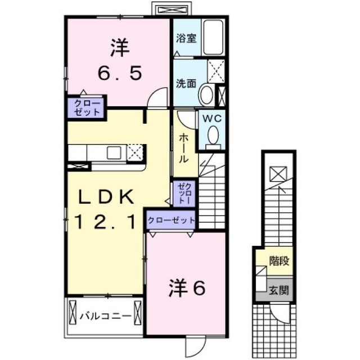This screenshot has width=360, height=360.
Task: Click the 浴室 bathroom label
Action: [x=186, y=38]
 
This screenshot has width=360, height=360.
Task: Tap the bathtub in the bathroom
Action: [x=213, y=37]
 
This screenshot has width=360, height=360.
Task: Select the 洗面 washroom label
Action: [x=186, y=84]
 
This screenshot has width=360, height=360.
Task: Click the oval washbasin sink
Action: [x=206, y=95]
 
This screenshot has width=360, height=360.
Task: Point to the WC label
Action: [x=212, y=119]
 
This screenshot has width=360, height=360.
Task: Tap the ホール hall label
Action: [x=184, y=148]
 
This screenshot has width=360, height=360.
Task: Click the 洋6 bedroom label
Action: [x=187, y=287]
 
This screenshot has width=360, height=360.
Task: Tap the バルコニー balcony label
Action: [x=105, y=317]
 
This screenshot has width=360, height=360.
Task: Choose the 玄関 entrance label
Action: [x=279, y=290]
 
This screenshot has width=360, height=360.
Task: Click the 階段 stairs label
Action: [x=279, y=261]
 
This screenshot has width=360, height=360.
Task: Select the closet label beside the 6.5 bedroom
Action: [x=87, y=108]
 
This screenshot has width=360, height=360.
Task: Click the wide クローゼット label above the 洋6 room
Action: [x=171, y=220]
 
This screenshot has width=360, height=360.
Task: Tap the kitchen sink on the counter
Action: [x=114, y=152]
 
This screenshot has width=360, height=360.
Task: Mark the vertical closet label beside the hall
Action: [x=184, y=193]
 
